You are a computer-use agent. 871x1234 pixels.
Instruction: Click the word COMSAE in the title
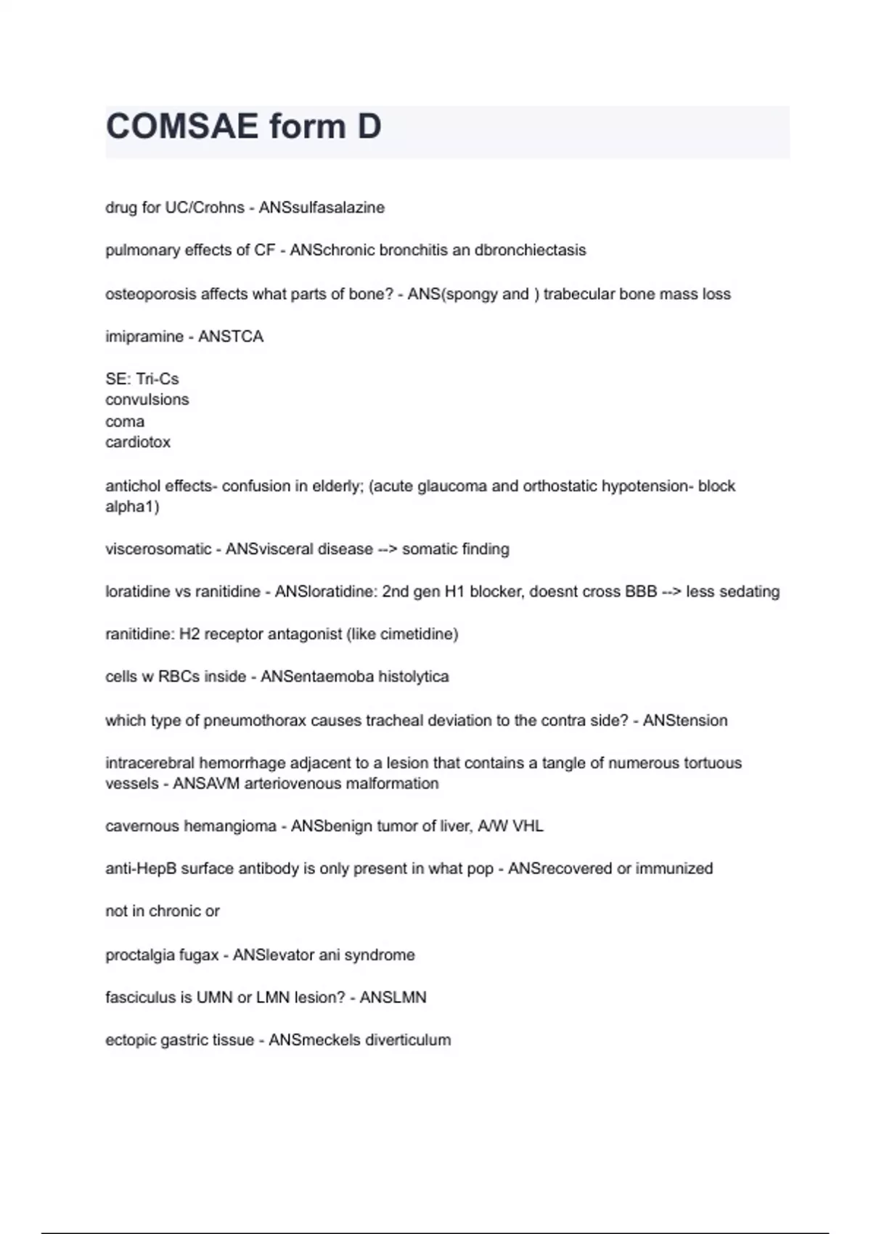tap(182, 126)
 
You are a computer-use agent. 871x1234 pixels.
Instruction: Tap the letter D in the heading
tap(369, 126)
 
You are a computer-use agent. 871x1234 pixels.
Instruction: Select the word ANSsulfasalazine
tap(322, 208)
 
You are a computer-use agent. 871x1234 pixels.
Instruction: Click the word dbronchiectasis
tap(530, 250)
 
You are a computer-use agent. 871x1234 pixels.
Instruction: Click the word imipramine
tap(144, 337)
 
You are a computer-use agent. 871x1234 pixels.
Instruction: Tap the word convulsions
tap(147, 400)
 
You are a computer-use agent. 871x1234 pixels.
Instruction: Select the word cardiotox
tap(138, 442)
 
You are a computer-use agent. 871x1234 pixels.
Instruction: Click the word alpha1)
tap(132, 507)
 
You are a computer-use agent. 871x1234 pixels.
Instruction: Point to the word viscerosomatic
tap(158, 549)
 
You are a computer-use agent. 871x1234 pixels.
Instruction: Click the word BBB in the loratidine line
tap(641, 592)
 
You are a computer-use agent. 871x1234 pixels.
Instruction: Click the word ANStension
tap(685, 721)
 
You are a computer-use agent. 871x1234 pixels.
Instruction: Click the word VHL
tap(528, 826)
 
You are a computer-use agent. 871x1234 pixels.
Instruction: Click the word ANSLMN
tap(393, 997)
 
